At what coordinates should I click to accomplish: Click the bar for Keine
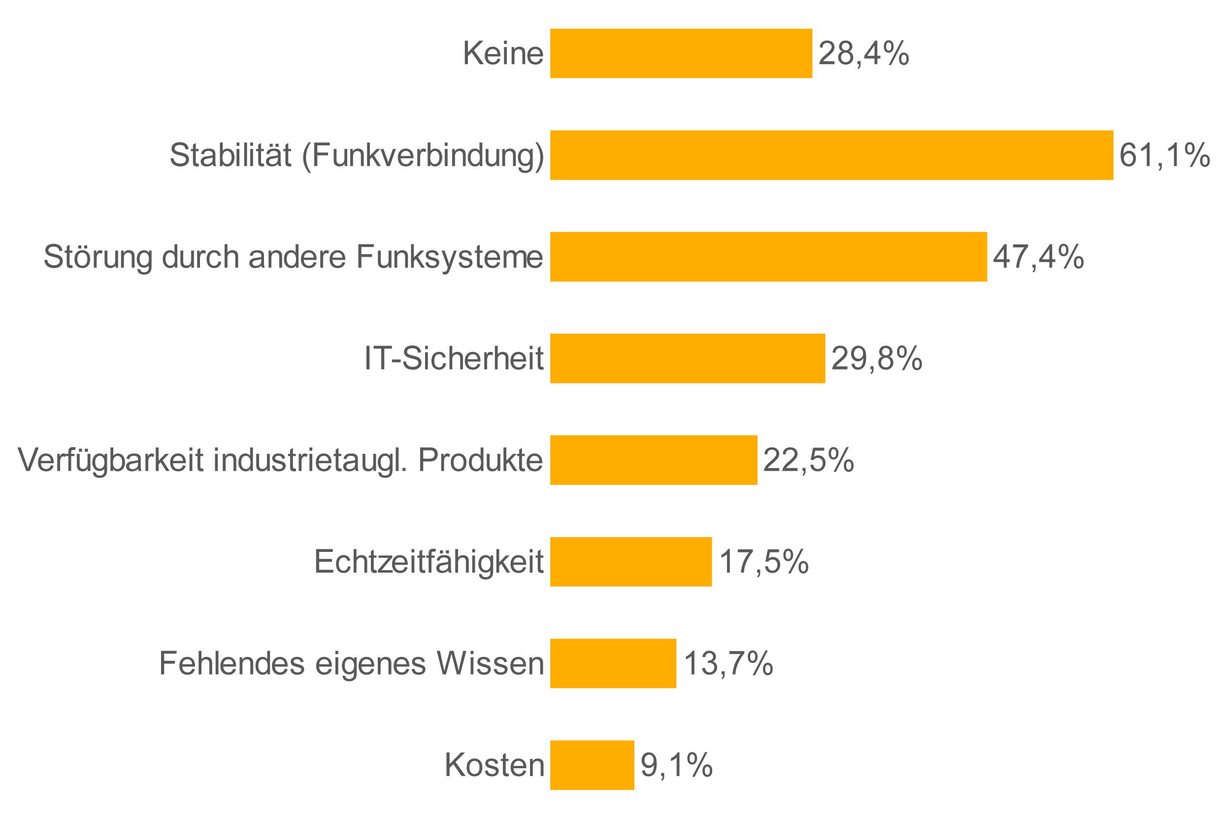[681, 53]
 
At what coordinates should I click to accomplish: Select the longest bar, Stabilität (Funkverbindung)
[831, 155]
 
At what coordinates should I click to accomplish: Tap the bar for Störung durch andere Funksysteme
[768, 257]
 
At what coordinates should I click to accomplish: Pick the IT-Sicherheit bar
[687, 358]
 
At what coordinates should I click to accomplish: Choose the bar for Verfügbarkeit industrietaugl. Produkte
[653, 460]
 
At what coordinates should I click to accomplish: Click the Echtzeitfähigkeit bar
[630, 561]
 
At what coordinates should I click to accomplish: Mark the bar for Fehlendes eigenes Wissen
[613, 663]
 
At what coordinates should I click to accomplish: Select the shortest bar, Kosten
[592, 765]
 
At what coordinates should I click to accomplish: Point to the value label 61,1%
[1164, 155]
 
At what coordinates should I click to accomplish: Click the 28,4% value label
[863, 53]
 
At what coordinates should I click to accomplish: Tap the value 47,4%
[1038, 257]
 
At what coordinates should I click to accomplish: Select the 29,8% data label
[876, 358]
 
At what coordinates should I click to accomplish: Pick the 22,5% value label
[808, 460]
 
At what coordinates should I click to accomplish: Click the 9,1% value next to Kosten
[676, 765]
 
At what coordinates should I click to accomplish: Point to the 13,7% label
[727, 663]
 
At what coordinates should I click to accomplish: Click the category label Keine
[503, 53]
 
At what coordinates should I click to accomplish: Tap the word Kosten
[494, 765]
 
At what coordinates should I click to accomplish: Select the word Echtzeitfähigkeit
[428, 561]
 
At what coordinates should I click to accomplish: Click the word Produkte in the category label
[480, 460]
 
